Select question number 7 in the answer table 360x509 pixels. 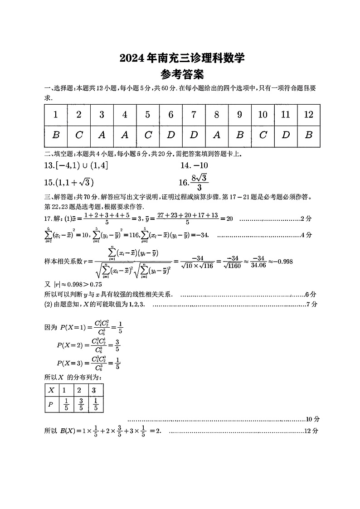coord(194,115)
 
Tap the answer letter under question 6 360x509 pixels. coord(170,136)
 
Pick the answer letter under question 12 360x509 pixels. coord(309,136)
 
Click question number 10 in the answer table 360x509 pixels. coord(263,115)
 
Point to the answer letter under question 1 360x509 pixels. coord(56,136)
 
